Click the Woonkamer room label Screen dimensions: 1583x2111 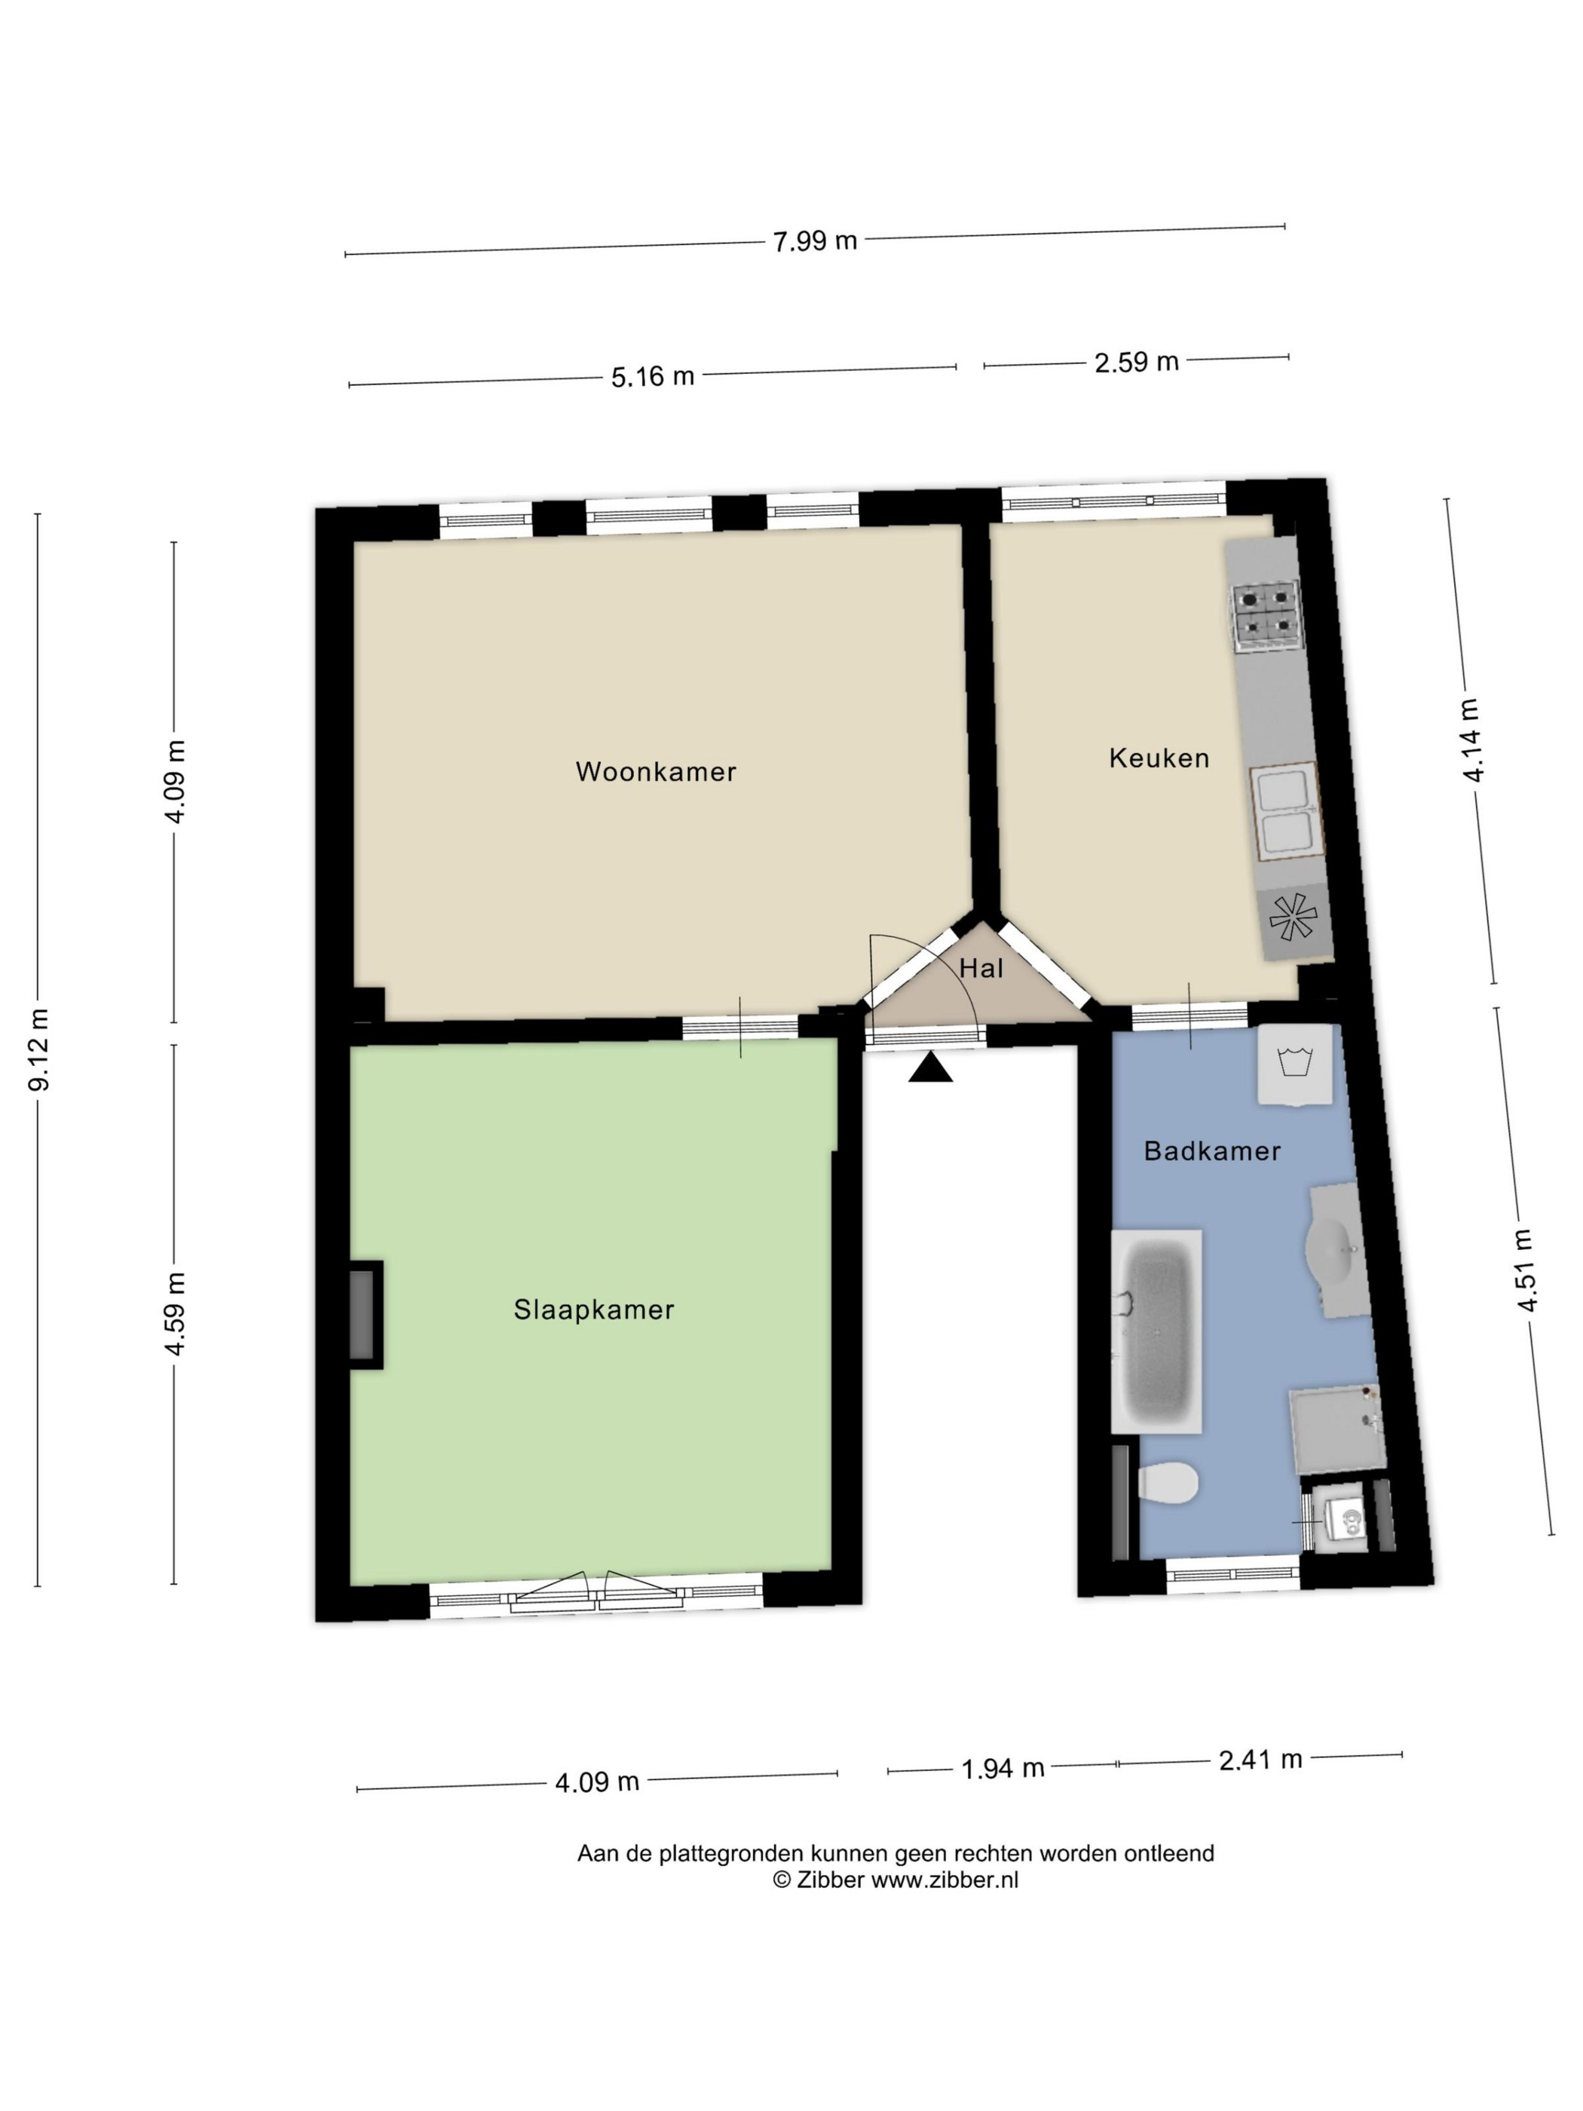(x=656, y=771)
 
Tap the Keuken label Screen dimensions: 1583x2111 (x=1159, y=758)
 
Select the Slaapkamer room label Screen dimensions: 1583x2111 (x=593, y=1310)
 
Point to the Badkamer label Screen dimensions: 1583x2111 (x=1212, y=1151)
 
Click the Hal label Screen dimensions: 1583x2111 (x=981, y=969)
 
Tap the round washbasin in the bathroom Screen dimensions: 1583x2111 (x=1338, y=1250)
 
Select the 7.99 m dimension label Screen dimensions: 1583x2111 (x=815, y=241)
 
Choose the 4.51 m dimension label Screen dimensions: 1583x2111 (x=1526, y=1270)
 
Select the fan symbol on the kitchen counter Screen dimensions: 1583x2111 (x=1293, y=918)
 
